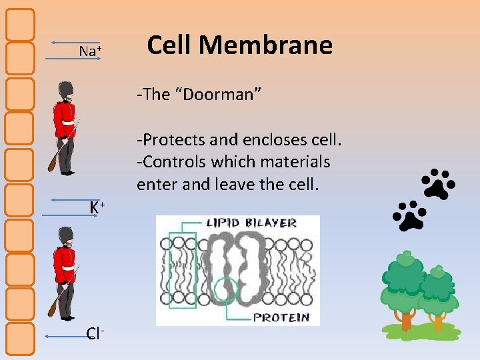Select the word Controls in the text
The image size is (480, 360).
coord(175,162)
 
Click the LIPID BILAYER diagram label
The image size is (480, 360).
coord(251,223)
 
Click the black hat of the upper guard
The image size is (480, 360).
coord(65,91)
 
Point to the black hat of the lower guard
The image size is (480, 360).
coord(65,236)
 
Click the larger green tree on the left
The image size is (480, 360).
coord(403,283)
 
